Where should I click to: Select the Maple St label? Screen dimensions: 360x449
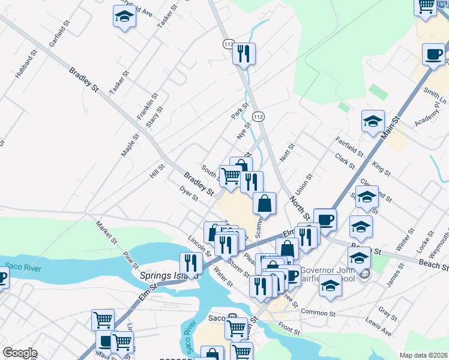coord(130,145)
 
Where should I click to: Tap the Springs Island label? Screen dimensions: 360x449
coord(169,276)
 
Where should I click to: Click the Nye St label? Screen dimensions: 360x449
coord(243,131)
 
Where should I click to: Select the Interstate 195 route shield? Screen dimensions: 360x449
coord(443,4)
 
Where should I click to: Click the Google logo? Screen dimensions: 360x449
coord(20,353)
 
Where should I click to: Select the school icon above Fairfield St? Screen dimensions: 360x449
coord(373,122)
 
